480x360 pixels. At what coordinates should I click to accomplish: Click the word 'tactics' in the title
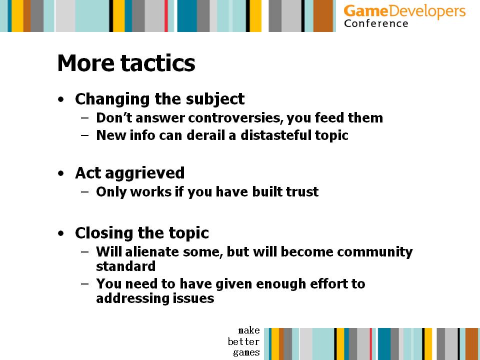pos(157,63)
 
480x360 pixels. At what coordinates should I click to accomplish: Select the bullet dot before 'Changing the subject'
pos(61,99)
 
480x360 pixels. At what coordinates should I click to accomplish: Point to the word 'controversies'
pos(235,118)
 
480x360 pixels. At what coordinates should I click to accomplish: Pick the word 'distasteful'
pos(276,135)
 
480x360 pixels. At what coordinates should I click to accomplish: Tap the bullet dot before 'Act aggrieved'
pos(61,173)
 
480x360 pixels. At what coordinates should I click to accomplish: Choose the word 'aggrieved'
pos(145,173)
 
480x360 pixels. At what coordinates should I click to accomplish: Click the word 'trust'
pos(302,191)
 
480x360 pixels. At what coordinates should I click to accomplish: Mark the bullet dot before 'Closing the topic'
pos(61,233)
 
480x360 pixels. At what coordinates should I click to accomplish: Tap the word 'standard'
pos(126,266)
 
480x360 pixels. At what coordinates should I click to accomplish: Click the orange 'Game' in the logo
pos(366,11)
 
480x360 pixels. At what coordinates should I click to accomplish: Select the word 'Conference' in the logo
pos(376,23)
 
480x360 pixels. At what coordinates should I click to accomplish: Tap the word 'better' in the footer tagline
pos(243,341)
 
